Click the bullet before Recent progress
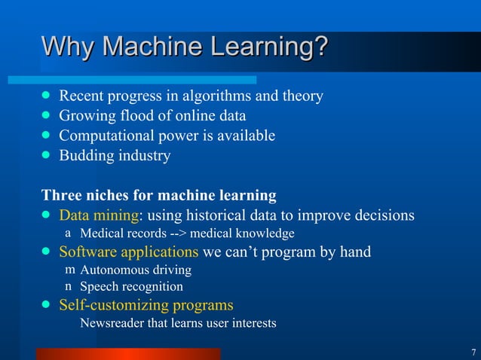47,96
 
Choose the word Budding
84,156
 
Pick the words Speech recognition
131,287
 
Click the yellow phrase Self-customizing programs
146,305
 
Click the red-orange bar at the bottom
128,353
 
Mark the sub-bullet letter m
69,270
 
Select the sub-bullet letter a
68,233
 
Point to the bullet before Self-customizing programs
47,305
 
